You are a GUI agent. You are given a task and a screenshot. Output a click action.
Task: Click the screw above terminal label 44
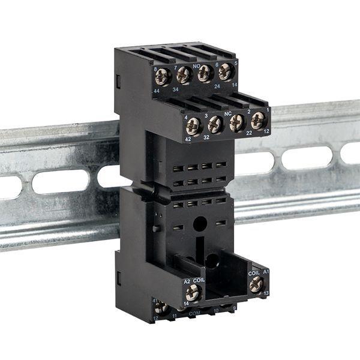coord(162,76)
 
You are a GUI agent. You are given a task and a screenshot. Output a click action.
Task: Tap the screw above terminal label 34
coord(184,75)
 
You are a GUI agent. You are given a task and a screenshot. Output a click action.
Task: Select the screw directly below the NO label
coord(205,73)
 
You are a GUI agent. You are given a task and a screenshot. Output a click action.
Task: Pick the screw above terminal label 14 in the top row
coord(225,72)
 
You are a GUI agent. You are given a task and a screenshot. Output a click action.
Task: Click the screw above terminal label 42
coord(193,125)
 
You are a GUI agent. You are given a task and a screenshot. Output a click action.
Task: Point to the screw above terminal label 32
coord(215,124)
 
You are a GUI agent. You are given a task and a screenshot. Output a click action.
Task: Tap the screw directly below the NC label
coord(237,122)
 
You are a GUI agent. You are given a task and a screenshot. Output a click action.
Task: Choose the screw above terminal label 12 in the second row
coord(258,119)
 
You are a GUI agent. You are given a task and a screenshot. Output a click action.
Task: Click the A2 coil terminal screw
coord(193,293)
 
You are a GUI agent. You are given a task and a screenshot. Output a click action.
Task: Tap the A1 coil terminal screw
coord(256,284)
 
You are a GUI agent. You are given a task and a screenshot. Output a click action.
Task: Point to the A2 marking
coord(187,280)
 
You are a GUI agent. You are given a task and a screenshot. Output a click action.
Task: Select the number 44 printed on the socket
coord(156,90)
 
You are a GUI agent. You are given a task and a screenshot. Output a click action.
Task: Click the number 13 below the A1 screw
coord(266,293)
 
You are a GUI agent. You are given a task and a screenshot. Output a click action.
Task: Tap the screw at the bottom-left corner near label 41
coord(160,308)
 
